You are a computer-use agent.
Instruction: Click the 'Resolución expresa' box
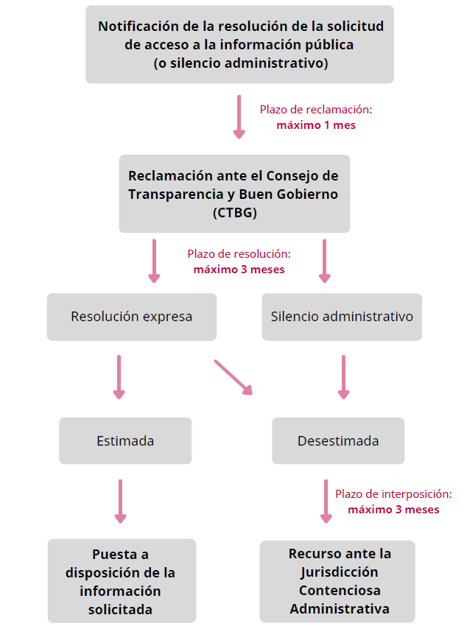pyautogui.click(x=132, y=317)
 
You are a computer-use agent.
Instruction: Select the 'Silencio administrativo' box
pyautogui.click(x=342, y=317)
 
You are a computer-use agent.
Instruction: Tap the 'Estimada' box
pyautogui.click(x=125, y=441)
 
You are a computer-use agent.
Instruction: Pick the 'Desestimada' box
pyautogui.click(x=338, y=441)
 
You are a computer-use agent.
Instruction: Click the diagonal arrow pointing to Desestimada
pyautogui.click(x=233, y=376)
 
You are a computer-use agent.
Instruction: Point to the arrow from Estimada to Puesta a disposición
pyautogui.click(x=121, y=501)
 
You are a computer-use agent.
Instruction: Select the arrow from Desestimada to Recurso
pyautogui.click(x=325, y=501)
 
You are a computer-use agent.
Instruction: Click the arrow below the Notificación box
pyautogui.click(x=239, y=116)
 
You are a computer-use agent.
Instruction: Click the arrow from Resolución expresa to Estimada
pyautogui.click(x=119, y=376)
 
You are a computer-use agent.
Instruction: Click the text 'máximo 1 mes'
pyautogui.click(x=316, y=125)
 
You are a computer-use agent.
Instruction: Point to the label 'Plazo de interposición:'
pyautogui.click(x=393, y=495)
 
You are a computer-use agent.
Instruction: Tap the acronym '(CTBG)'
pyautogui.click(x=234, y=213)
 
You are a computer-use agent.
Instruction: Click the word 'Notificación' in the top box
pyautogui.click(x=139, y=26)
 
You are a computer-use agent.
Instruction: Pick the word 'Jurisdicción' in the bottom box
pyautogui.click(x=339, y=572)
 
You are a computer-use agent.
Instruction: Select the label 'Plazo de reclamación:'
pyautogui.click(x=316, y=109)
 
